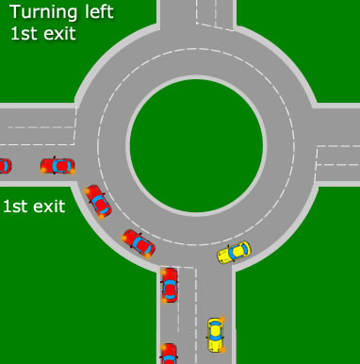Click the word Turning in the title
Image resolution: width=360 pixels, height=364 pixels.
[46, 13]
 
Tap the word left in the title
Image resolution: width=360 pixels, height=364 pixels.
[100, 12]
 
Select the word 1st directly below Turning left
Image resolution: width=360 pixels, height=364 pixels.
[23, 34]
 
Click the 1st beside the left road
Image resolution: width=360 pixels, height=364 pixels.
[16, 206]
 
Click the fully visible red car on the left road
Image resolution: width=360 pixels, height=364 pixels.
[57, 166]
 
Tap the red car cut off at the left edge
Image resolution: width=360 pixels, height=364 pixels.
[5, 166]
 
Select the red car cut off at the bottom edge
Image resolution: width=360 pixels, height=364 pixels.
[169, 355]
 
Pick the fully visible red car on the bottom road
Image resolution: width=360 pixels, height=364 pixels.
[170, 285]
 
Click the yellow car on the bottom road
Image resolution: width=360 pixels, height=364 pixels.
[216, 335]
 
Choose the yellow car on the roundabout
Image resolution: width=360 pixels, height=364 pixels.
[234, 252]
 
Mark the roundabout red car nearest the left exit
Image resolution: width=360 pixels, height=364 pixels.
[97, 200]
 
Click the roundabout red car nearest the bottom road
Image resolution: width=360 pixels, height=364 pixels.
[138, 243]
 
